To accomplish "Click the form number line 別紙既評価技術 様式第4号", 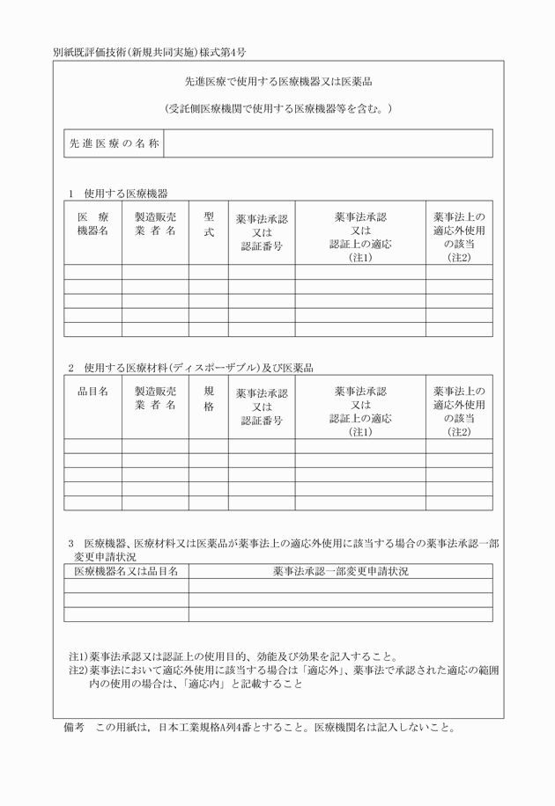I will coord(149,52).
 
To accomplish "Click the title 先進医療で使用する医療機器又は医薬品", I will coord(277,82).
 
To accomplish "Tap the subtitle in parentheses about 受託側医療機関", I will coord(277,109).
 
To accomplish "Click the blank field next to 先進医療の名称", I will coord(328,143).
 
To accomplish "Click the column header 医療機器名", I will coord(92,223).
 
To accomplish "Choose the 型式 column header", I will coord(209,223).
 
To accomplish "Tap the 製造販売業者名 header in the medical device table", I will coord(155,223).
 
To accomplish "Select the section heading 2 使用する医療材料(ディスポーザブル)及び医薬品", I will coord(191,367).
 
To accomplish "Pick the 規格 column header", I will coord(209,399).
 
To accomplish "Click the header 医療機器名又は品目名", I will coord(126,571).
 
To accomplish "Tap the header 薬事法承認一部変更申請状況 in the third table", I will coord(340,571).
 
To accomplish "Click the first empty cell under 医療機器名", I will coord(92,272).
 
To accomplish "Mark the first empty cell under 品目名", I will coord(92,446).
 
